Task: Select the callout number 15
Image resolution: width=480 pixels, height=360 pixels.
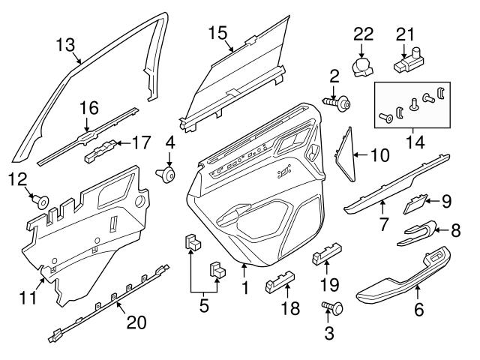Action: [x=217, y=33]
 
